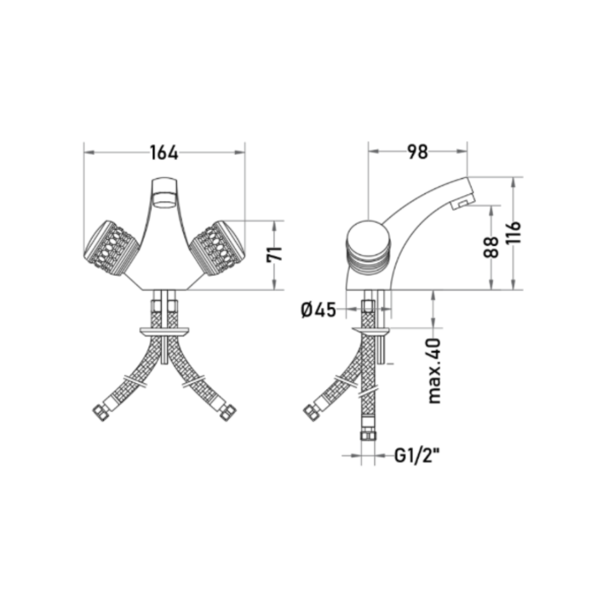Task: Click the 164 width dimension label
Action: pyautogui.click(x=164, y=153)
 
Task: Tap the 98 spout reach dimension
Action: pyautogui.click(x=417, y=152)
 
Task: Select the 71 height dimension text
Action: pyautogui.click(x=274, y=255)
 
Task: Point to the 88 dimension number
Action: pyautogui.click(x=491, y=247)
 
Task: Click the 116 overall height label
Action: pyautogui.click(x=513, y=232)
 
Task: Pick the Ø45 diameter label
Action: pyautogui.click(x=319, y=310)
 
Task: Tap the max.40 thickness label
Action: pyautogui.click(x=434, y=371)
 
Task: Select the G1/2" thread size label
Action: pyautogui.click(x=417, y=456)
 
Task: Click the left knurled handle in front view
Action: pyautogui.click(x=111, y=248)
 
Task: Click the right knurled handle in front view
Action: pyautogui.click(x=218, y=248)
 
